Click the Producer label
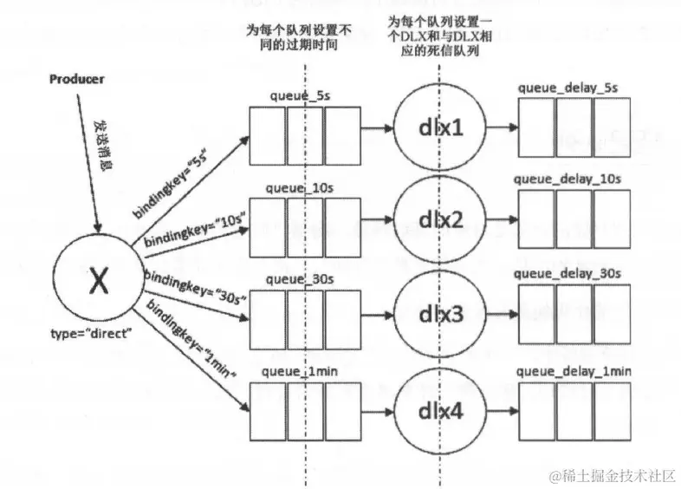76,79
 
